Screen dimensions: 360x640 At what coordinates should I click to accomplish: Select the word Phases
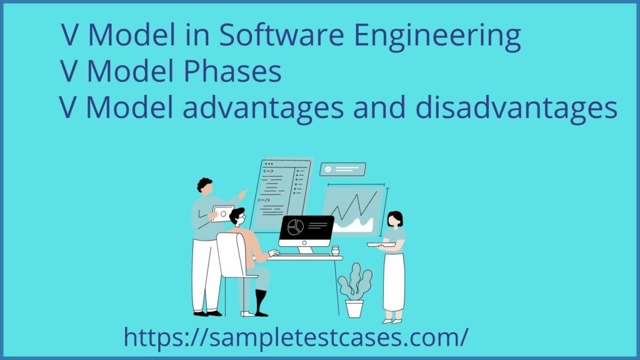click(231, 72)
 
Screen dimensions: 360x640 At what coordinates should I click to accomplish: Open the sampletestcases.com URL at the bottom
click(296, 337)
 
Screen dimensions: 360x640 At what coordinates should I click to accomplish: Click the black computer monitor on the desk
click(306, 229)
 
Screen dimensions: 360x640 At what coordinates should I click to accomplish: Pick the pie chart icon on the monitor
click(295, 226)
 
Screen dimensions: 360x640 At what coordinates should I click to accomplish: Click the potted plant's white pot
click(354, 308)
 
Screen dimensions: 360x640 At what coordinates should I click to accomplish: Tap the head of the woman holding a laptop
click(394, 219)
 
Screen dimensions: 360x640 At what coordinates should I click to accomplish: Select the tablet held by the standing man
click(222, 212)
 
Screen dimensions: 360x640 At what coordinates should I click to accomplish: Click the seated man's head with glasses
click(237, 217)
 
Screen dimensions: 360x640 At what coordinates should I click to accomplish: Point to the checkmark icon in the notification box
click(327, 169)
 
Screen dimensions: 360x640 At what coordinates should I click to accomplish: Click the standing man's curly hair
click(204, 184)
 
